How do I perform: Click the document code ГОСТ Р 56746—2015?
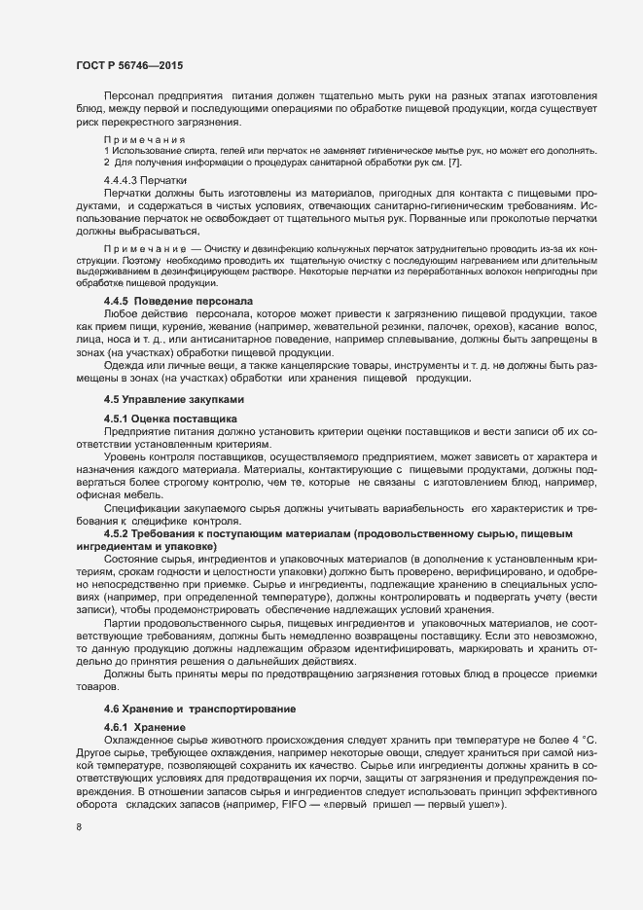(x=129, y=65)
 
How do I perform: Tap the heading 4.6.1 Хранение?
(x=141, y=728)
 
